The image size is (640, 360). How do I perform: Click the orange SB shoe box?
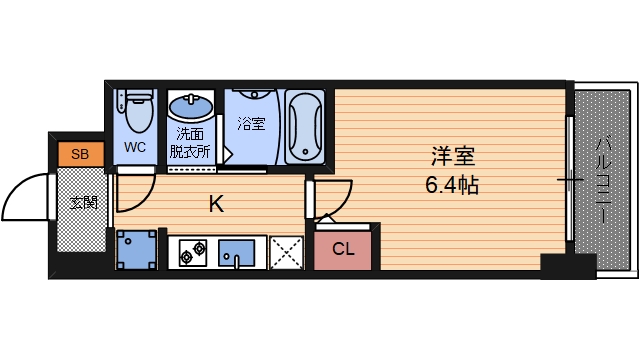point(81,154)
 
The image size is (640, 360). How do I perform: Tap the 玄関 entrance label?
point(84,204)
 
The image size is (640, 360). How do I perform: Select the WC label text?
point(135,147)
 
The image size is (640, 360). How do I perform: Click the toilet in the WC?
point(134,111)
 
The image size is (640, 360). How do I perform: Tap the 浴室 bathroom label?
point(251,124)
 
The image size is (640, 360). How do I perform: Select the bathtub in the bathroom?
point(304,128)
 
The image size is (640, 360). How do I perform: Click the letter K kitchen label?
point(215,205)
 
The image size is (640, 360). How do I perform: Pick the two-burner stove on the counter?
point(192,253)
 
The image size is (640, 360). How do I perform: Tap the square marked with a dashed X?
point(288,252)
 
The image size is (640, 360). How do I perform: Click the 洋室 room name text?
point(452,157)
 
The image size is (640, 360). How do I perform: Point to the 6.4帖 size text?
point(452,185)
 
